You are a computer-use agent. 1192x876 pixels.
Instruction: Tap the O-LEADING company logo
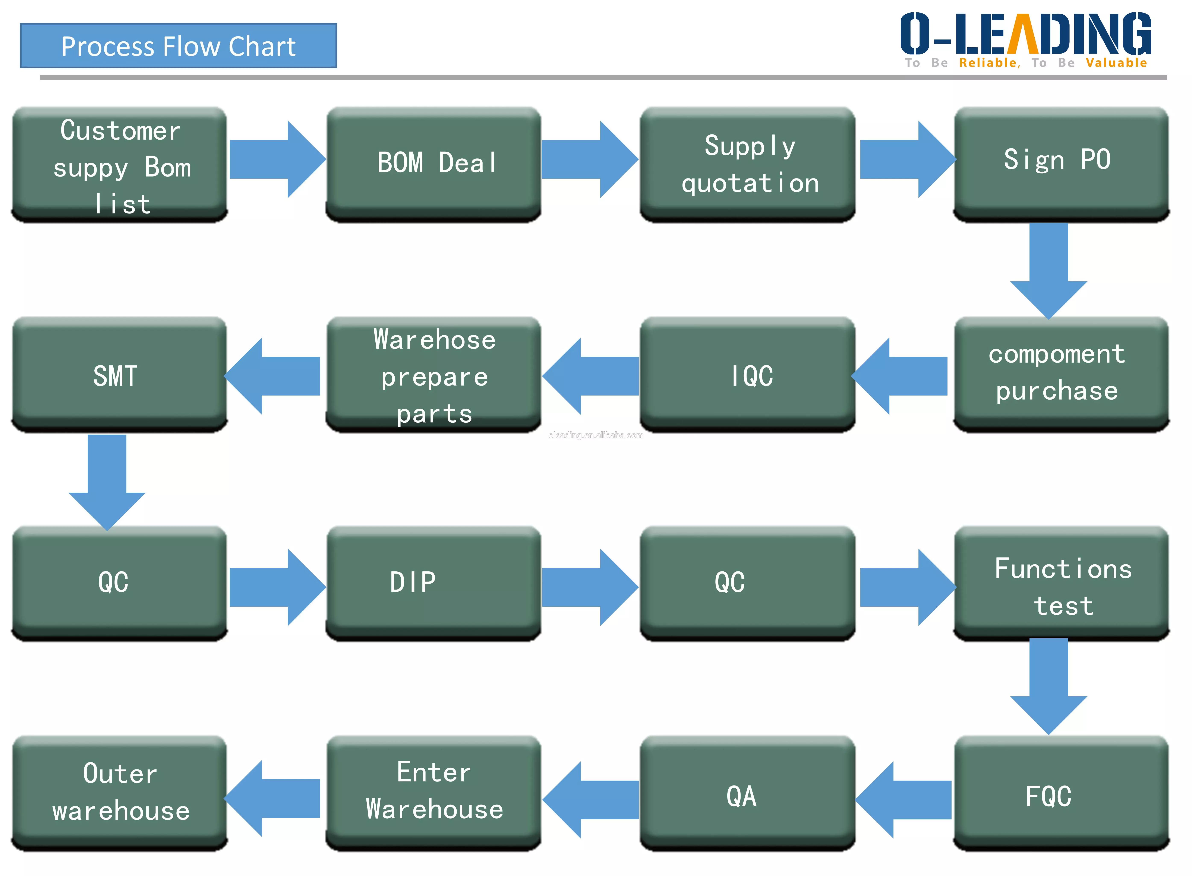point(1025,34)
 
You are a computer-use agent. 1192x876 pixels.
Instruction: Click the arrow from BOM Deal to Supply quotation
point(589,159)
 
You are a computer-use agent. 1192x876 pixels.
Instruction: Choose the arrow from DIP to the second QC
point(589,587)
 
